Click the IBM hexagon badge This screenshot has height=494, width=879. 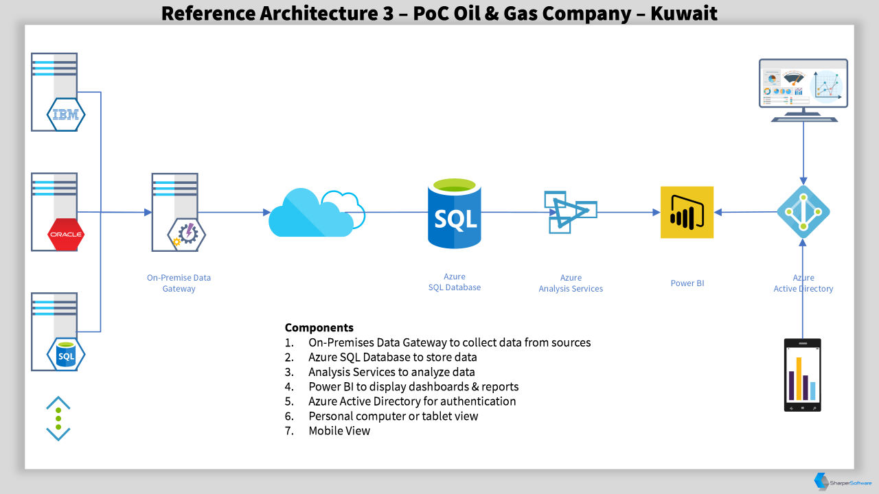(x=66, y=115)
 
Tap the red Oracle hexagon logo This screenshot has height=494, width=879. (x=66, y=235)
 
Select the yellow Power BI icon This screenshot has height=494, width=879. (x=687, y=212)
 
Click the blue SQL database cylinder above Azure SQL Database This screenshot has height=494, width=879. (x=455, y=213)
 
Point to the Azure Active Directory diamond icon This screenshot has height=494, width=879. (x=803, y=212)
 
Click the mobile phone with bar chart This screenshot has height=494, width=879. (x=803, y=375)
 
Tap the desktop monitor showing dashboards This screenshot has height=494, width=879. (x=803, y=90)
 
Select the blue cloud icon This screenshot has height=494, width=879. (x=317, y=213)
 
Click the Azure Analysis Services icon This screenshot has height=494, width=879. (x=571, y=212)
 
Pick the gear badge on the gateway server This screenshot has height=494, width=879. (x=187, y=235)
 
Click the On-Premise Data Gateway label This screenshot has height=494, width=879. (x=179, y=283)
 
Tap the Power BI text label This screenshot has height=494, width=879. (x=687, y=283)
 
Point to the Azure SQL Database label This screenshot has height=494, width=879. (x=455, y=282)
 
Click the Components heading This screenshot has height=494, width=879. (x=319, y=327)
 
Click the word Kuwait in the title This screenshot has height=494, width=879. (x=683, y=13)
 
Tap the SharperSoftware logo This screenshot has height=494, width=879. (x=843, y=482)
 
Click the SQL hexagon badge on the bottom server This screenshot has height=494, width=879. (x=66, y=355)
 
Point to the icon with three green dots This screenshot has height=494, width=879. (x=58, y=419)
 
